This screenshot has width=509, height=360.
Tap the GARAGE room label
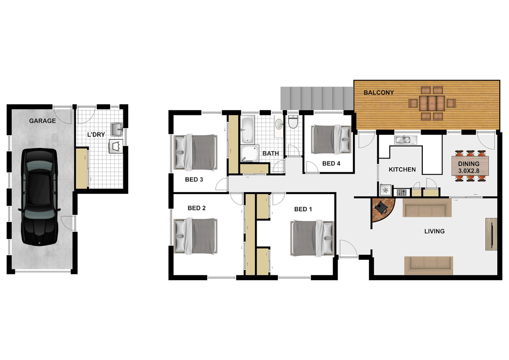pos(42,121)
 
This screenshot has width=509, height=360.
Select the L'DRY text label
pos(96,135)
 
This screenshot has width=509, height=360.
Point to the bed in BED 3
pos(196,152)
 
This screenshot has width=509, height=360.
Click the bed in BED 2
pos(196,236)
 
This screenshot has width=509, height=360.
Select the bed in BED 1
pos(312,238)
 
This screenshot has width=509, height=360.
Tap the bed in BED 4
pos(331,139)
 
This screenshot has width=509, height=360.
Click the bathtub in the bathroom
pos(248,130)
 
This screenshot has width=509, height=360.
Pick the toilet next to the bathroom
pos(293,122)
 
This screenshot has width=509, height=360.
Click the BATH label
pos(270,154)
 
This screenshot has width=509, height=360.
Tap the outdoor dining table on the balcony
pos(432,103)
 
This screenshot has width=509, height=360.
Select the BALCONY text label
pos(379,93)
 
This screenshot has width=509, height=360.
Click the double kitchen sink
pos(405,140)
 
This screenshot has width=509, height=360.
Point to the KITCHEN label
pos(402,170)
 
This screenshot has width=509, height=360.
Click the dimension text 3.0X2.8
pos(469,171)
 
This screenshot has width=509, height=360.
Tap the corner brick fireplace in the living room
pos(382,209)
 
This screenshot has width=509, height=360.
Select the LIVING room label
pos(434,231)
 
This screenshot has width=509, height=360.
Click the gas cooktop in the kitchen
pos(401,192)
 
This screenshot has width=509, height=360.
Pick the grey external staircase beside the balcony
pos(316,98)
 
